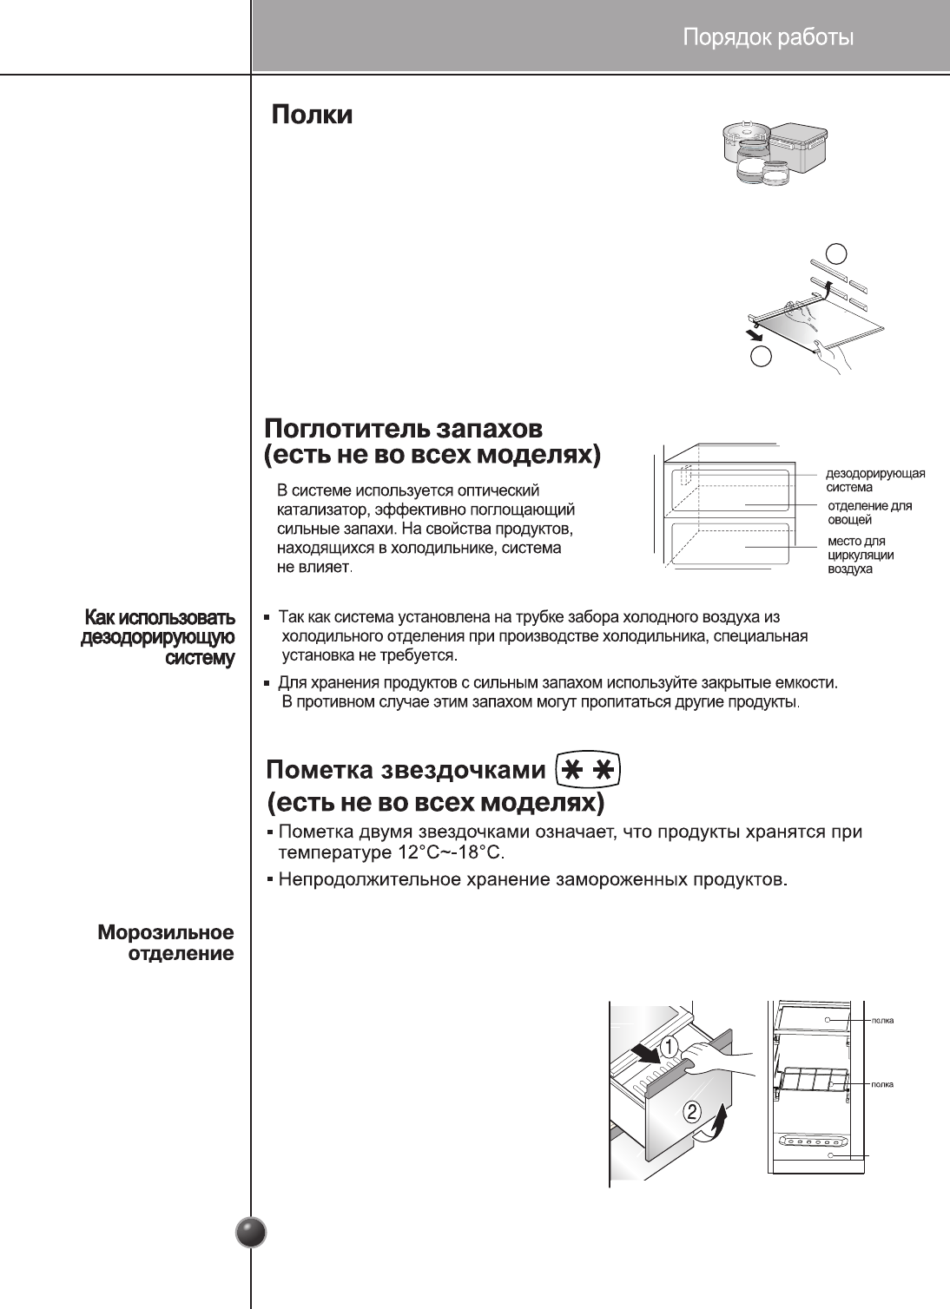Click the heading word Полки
(313, 115)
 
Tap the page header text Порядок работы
(768, 37)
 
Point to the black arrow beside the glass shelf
(753, 335)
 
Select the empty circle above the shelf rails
(836, 253)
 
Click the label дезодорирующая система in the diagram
(874, 481)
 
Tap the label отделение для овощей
(868, 512)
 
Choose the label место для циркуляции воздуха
(861, 556)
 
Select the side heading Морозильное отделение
(166, 944)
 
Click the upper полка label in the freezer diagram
(882, 1020)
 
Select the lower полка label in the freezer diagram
(882, 1084)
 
